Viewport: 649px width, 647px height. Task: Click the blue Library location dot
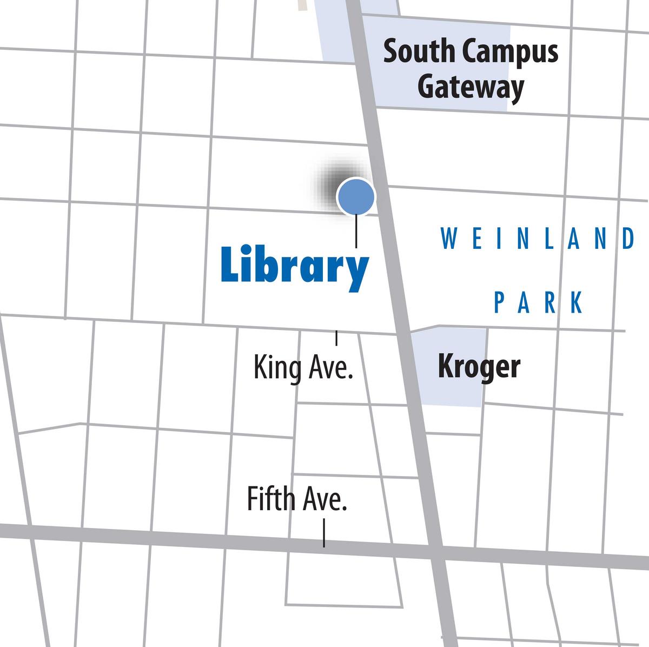point(355,196)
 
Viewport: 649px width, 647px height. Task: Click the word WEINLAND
point(538,239)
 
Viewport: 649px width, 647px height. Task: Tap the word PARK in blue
point(539,303)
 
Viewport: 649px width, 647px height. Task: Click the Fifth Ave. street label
point(296,499)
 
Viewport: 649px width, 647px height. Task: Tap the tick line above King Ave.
point(336,338)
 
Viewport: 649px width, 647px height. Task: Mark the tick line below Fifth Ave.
point(324,533)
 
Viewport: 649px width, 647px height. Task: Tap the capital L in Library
point(229,265)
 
